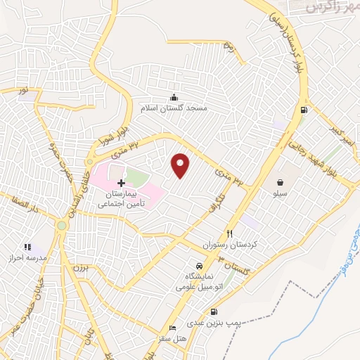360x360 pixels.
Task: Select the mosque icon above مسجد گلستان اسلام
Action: pos(174,97)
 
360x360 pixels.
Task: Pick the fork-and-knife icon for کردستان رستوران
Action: pos(229,233)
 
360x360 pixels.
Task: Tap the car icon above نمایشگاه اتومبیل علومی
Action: pos(200,266)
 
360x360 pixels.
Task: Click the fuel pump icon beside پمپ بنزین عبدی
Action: pos(214,312)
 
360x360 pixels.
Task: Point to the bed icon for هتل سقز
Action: pos(173,329)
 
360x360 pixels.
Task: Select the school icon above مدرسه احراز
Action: pos(28,247)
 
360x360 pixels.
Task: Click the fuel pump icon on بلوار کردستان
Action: pos(303,110)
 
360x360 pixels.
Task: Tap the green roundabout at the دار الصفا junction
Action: pos(62,225)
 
